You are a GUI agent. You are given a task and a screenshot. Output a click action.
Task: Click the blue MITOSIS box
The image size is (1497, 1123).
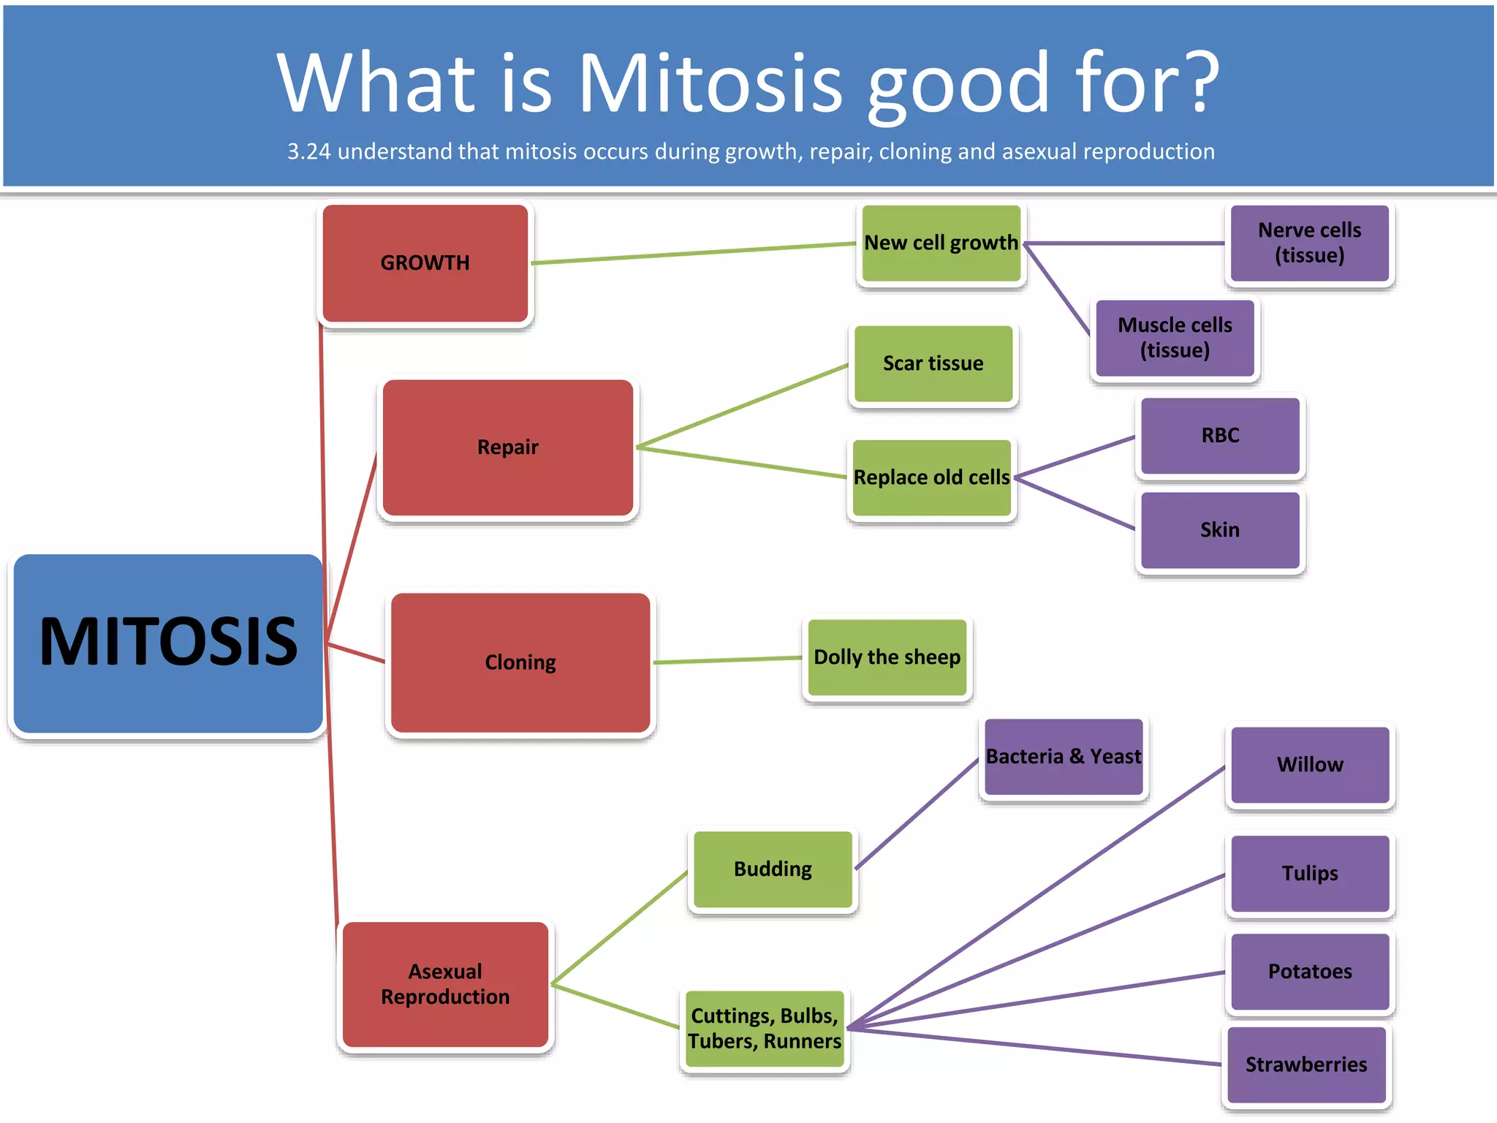168,643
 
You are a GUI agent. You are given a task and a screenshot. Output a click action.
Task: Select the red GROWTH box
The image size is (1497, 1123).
425,263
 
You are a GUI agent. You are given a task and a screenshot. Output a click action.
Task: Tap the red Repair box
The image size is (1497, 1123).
508,447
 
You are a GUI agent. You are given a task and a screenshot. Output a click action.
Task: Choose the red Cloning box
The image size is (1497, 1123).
520,662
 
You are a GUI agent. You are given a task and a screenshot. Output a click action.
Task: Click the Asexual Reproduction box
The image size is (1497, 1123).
445,984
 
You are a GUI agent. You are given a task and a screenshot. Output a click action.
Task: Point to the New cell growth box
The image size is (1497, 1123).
941,243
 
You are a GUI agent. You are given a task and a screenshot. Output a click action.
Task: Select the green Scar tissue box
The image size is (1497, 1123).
933,364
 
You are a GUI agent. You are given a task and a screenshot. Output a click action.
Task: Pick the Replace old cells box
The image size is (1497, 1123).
932,477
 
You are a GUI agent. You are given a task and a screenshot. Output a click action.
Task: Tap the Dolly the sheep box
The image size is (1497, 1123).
887,657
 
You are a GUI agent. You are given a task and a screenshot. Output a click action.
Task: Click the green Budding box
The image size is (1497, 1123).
773,869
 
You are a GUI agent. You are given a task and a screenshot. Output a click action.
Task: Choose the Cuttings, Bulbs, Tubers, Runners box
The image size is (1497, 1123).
765,1029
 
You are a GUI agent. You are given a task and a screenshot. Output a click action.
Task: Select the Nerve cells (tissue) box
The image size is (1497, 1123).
1309,243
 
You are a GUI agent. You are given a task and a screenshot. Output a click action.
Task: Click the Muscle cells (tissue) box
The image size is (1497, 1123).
1175,338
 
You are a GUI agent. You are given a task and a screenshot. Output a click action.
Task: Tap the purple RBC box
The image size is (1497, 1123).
1220,436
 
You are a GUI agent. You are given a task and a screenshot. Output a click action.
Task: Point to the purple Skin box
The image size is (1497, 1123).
1220,530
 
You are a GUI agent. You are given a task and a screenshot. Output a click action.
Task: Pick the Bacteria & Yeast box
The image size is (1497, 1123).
1064,757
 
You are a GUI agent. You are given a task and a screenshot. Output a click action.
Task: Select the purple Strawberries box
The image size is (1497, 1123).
1306,1065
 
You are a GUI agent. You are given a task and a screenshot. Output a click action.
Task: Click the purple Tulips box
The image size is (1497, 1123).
1310,874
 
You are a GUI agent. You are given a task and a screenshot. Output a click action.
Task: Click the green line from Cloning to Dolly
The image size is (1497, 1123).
727,660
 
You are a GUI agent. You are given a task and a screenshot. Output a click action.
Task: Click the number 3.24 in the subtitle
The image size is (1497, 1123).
308,152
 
